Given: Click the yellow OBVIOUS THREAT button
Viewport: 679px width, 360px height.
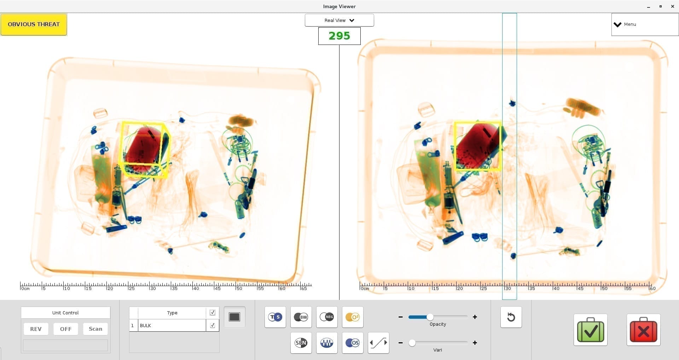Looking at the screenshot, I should click(x=34, y=24).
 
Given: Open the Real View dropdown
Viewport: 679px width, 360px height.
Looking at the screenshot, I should click(x=339, y=20).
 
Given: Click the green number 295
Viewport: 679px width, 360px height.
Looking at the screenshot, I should click(x=339, y=36).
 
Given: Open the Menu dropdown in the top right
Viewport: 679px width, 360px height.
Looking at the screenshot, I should click(x=644, y=24).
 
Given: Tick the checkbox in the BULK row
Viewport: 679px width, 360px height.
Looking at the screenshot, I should click(x=212, y=325).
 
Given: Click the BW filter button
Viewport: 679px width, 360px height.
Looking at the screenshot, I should click(x=301, y=317).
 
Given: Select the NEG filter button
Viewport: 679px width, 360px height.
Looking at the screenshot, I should click(x=327, y=317).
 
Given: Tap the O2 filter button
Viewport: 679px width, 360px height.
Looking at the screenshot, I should click(x=352, y=317).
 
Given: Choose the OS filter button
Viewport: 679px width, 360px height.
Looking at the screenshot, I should click(x=352, y=343).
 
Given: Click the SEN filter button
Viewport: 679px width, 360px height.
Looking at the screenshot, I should click(x=301, y=343).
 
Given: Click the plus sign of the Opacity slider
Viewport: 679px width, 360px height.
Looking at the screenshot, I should click(x=475, y=317).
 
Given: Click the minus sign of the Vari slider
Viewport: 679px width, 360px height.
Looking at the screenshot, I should click(x=400, y=343).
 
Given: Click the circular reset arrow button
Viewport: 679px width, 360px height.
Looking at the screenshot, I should click(x=511, y=317).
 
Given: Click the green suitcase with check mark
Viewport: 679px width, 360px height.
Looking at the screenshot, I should click(x=590, y=330).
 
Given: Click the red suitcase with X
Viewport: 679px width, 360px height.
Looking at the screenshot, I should click(x=643, y=330).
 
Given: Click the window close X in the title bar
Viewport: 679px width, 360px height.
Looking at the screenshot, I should click(x=672, y=6).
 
